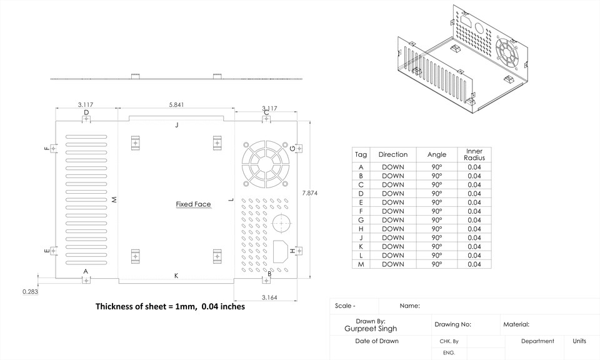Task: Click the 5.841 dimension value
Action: point(176,104)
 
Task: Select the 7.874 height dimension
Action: point(309,193)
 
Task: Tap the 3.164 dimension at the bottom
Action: point(269,297)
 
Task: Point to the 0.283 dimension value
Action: point(30,292)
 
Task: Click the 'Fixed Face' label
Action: point(193,204)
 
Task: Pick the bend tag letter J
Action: point(177,125)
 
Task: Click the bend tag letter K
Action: point(176,276)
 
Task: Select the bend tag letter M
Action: point(114,200)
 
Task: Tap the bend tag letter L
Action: point(231,200)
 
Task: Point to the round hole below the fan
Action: point(281,222)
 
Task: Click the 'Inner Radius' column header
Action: point(474,154)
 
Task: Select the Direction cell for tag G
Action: point(393,220)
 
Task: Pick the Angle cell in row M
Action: point(436,264)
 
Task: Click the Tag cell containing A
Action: point(361,167)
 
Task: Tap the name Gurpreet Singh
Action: point(370,329)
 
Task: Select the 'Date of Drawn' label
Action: point(376,341)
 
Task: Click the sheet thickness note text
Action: point(170,307)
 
